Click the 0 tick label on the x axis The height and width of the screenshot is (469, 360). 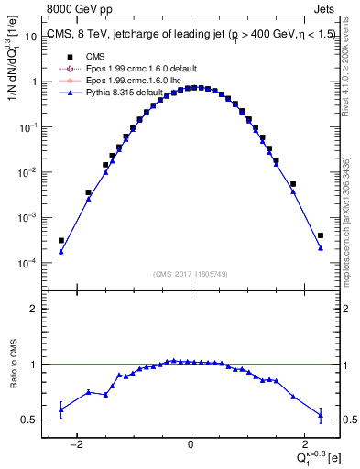click(x=191, y=445)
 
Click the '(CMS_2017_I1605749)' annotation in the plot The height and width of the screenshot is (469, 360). click(x=190, y=273)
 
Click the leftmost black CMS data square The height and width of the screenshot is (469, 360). click(x=60, y=241)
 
